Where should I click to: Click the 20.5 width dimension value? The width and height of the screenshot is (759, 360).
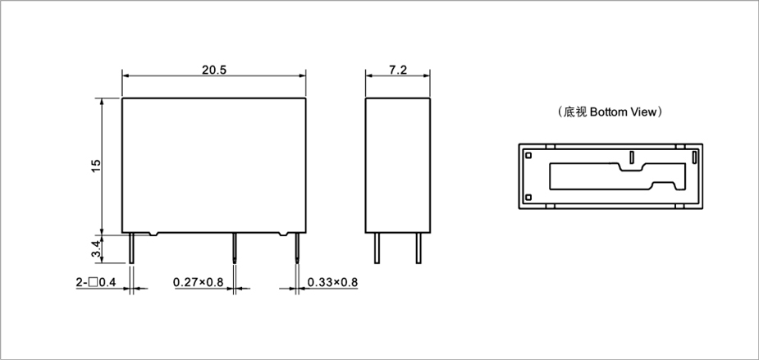pyautogui.click(x=214, y=70)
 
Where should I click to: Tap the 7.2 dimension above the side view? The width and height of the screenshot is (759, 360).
pyautogui.click(x=398, y=70)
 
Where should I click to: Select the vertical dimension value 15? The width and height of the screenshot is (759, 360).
pyautogui.click(x=96, y=166)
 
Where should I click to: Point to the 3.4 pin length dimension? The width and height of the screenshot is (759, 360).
pyautogui.click(x=96, y=249)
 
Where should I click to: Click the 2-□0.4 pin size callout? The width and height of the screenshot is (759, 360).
pyautogui.click(x=96, y=282)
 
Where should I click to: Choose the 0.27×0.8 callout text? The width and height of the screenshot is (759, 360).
pyautogui.click(x=199, y=282)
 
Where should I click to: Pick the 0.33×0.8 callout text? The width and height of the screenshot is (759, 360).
pyautogui.click(x=332, y=282)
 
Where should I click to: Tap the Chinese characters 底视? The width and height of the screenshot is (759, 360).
pyautogui.click(x=575, y=112)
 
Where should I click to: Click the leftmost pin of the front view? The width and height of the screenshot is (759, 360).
pyautogui.click(x=131, y=248)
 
